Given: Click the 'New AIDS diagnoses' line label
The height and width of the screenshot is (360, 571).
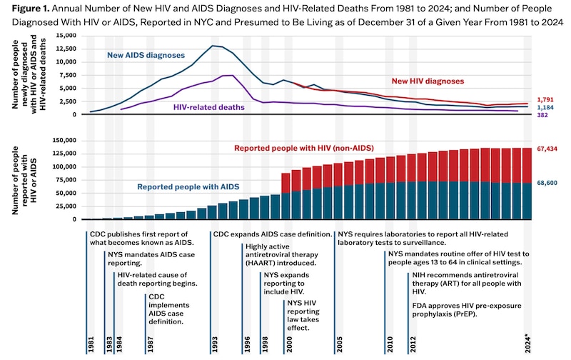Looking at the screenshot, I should (x=146, y=55).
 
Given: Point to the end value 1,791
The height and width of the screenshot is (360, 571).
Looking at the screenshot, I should (x=546, y=99).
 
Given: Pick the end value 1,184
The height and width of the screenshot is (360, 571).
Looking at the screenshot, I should (x=546, y=107).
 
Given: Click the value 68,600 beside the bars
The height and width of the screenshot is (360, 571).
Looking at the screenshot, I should (x=547, y=184).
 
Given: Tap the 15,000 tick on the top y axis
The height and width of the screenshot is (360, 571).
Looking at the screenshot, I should (x=67, y=49).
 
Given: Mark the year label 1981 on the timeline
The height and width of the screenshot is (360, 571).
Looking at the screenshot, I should (x=91, y=344).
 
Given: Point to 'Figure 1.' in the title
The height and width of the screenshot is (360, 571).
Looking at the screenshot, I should (x=30, y=9).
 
